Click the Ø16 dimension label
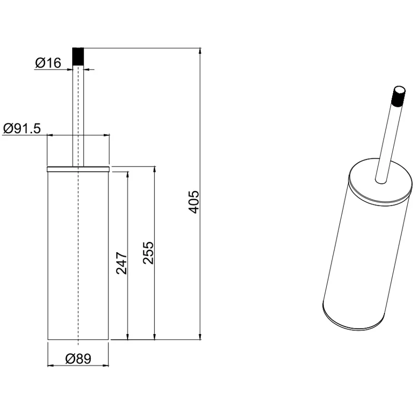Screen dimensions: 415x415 [48, 63]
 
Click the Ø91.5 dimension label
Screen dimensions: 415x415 [22, 129]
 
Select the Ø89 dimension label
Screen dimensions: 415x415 [78, 358]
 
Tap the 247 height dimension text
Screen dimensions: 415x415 [122, 263]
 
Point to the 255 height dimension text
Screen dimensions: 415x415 [148, 253]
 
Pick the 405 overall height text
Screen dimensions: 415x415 [193, 202]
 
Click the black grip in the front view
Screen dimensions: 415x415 [78, 56]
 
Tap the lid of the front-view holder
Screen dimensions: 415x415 [78, 169]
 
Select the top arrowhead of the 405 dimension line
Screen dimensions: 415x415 [200, 51]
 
